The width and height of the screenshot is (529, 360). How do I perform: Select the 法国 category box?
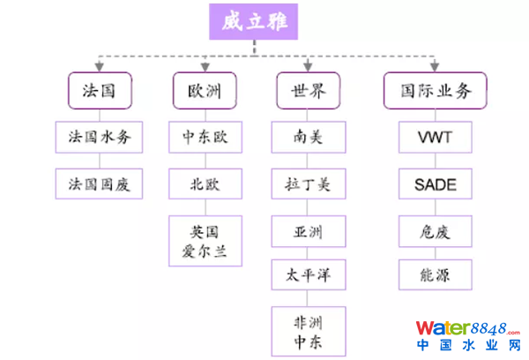coord(100,90)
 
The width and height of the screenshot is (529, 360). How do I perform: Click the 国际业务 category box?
coord(434,90)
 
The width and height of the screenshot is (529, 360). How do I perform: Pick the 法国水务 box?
coord(100,137)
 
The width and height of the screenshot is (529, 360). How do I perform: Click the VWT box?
coord(434,137)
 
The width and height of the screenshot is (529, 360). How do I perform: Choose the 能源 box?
coord(434,276)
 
